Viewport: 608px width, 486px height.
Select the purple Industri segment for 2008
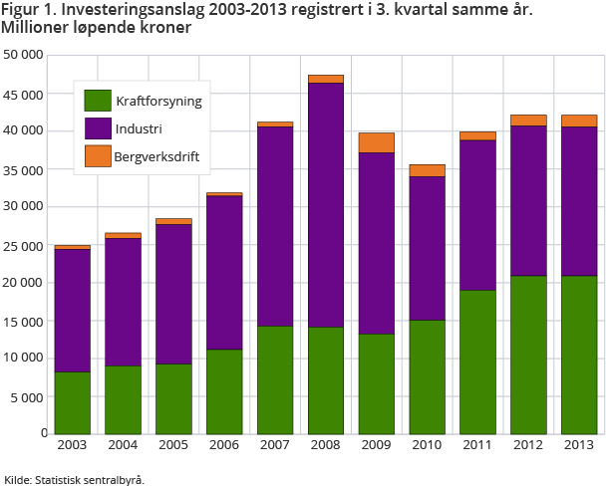pos(325,204)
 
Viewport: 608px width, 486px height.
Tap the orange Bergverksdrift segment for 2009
pos(376,142)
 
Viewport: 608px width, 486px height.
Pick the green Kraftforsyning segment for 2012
pos(528,354)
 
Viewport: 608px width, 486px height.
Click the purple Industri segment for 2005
pos(173,294)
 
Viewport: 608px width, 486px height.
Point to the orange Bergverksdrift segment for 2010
pos(427,170)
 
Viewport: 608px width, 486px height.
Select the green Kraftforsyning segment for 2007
pos(274,379)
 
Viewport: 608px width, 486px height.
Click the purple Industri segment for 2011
pos(477,215)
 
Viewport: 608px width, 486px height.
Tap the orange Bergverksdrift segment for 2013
pos(579,121)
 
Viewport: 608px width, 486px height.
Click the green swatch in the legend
pos(97,101)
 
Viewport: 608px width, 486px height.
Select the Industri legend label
pos(139,129)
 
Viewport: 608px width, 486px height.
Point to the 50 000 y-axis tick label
pos(24,55)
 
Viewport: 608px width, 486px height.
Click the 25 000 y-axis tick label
pos(24,245)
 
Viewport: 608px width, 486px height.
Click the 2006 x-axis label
pos(223,445)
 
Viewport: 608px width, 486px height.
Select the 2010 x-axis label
pos(427,445)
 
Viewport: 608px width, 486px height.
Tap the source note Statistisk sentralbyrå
pos(89,479)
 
